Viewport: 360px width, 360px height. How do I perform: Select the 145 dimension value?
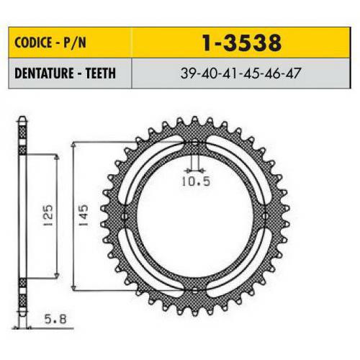click(x=86, y=215)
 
